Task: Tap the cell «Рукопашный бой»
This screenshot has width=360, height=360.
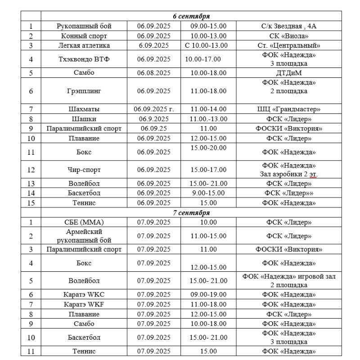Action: pos(84,26)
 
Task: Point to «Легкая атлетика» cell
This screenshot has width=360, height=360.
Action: pos(84,45)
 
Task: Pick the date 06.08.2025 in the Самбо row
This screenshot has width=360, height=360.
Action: pos(154,72)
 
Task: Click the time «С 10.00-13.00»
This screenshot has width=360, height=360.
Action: pos(207,45)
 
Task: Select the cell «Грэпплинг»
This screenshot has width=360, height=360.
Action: pos(84,91)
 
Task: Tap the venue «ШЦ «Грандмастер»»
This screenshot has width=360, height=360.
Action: pos(288,109)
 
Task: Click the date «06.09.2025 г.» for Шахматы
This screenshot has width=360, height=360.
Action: pos(154,109)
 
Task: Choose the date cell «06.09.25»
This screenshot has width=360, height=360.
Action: pos(154,128)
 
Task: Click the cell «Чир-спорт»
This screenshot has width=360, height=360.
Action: pos(84,170)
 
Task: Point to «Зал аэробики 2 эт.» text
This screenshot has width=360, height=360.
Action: pos(288,174)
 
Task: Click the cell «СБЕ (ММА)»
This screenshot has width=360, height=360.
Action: pos(84,222)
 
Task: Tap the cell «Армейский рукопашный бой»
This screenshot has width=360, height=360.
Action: pos(84,236)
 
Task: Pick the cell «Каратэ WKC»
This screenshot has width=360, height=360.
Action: pos(84,295)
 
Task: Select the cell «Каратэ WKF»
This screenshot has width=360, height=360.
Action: pos(84,305)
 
